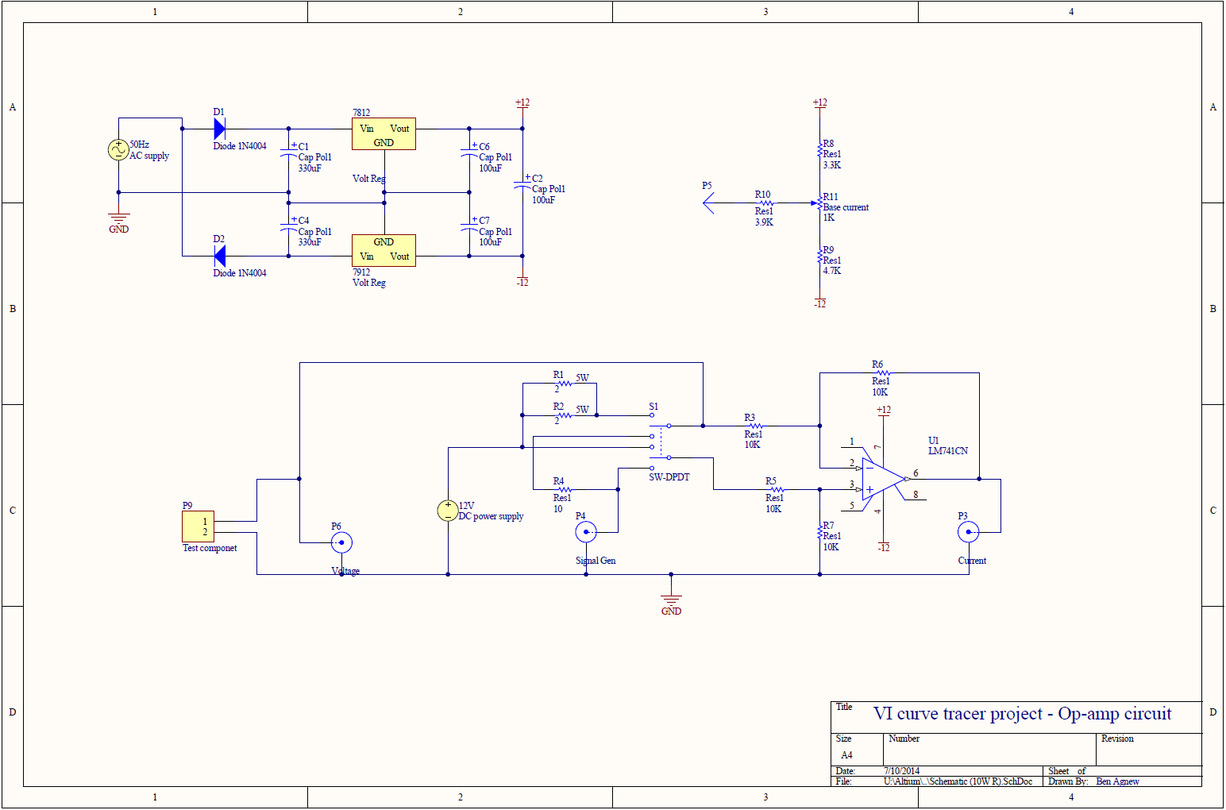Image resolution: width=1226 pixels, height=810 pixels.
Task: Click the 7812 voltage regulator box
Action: click(x=384, y=134)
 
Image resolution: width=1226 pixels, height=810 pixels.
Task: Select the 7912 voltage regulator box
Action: click(x=384, y=250)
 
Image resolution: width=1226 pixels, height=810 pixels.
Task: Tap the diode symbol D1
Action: click(x=219, y=129)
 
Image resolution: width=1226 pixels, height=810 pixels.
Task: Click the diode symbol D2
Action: click(x=219, y=256)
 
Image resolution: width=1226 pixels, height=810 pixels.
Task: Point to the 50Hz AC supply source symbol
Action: click(x=118, y=150)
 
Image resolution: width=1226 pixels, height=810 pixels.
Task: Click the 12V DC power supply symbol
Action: click(x=448, y=511)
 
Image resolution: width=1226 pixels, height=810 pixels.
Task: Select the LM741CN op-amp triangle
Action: click(x=883, y=479)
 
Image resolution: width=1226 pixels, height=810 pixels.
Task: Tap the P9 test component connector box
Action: click(x=199, y=526)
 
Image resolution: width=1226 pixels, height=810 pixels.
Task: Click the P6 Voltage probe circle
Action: click(x=341, y=543)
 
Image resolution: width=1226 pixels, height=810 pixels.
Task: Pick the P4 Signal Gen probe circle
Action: click(x=586, y=532)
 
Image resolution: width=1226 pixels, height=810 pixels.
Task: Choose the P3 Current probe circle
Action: click(x=968, y=532)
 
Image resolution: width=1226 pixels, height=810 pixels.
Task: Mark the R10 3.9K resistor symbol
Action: click(x=765, y=203)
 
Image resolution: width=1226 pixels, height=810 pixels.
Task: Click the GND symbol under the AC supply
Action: click(x=118, y=218)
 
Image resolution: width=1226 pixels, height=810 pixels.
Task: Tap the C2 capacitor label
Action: click(x=537, y=179)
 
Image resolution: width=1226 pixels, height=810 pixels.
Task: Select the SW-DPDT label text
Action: click(x=669, y=477)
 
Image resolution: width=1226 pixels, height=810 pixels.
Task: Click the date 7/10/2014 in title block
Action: click(x=901, y=770)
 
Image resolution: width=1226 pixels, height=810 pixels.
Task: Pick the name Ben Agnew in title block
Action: click(x=1117, y=781)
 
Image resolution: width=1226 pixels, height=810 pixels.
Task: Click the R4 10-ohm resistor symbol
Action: click(x=565, y=489)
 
